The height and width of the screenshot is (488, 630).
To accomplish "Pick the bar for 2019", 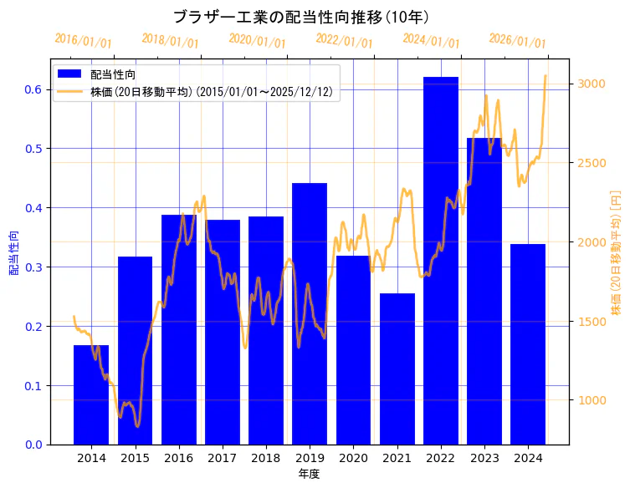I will click(x=310, y=313).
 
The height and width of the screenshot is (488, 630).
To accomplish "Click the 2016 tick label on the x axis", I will click(x=179, y=458).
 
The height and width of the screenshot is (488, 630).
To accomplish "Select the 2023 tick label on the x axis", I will click(x=484, y=458).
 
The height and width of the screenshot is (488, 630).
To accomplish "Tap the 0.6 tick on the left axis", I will click(x=33, y=89).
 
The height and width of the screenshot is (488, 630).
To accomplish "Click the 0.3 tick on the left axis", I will click(x=33, y=267).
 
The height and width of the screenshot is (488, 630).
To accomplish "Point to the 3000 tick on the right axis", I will click(x=590, y=84).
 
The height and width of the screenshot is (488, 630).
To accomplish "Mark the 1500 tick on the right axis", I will click(x=590, y=322).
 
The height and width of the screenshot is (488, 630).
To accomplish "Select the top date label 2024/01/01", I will click(x=431, y=40).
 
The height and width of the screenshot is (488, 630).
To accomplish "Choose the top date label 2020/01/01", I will click(x=257, y=40).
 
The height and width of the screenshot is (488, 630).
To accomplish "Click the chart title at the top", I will click(x=301, y=17).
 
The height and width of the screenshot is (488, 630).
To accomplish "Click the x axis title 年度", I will click(x=309, y=474).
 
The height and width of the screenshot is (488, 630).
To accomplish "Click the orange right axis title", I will click(x=616, y=252).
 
